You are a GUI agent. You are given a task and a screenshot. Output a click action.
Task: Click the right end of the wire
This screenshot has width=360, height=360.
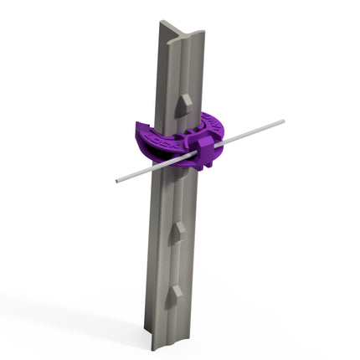point(282,121)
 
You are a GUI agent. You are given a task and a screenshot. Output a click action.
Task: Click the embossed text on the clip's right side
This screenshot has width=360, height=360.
point(209,126)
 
